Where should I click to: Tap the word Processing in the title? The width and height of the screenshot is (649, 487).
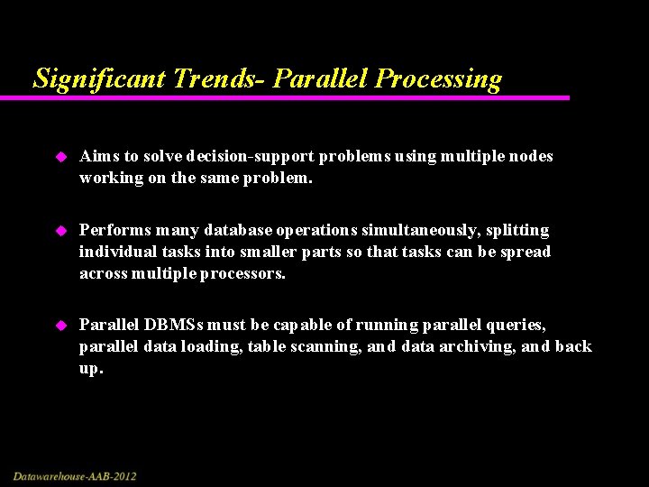[x=438, y=78]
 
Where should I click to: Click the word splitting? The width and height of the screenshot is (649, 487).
[x=517, y=230]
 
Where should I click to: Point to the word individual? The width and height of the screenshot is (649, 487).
[x=116, y=252]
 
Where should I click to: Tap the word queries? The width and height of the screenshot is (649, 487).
[x=515, y=324]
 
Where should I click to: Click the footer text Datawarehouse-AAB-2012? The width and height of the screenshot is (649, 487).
[x=75, y=475]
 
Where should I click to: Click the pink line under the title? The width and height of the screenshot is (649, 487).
[x=297, y=97]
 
